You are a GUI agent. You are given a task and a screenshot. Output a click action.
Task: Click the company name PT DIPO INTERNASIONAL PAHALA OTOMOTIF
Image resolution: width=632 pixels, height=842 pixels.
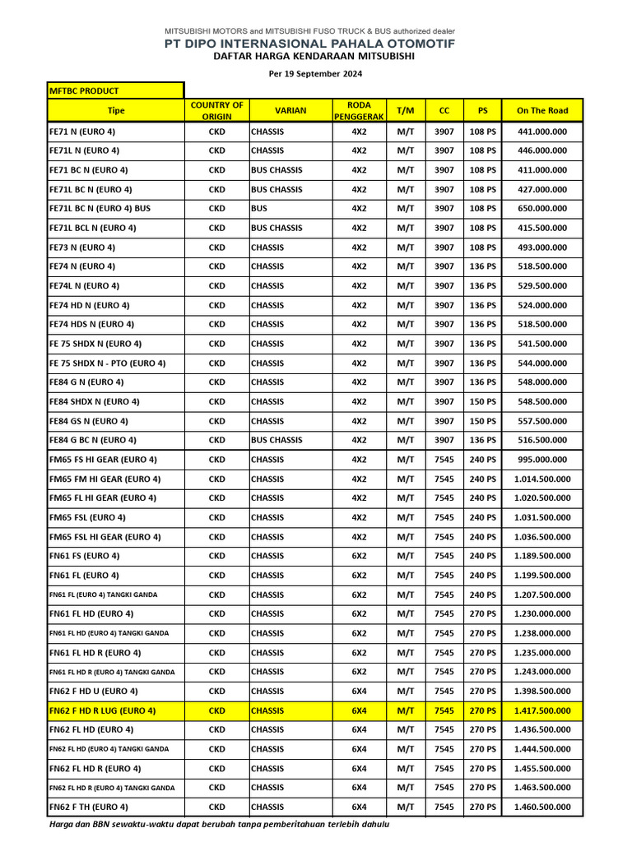315,44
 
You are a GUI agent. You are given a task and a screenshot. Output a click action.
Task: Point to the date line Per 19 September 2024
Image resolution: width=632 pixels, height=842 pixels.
315,74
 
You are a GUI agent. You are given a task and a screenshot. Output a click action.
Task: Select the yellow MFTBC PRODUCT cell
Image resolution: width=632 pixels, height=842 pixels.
115,90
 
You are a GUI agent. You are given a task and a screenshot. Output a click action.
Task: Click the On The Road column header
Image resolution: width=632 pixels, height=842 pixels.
541,110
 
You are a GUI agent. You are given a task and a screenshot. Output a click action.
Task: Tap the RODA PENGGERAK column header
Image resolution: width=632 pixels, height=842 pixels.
359,110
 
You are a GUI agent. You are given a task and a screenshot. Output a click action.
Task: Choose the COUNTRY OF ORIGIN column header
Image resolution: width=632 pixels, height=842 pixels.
216,110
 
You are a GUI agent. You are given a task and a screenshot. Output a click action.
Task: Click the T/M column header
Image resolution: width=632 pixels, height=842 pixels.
406,110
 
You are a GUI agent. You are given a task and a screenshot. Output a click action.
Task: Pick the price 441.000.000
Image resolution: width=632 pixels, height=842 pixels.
541,132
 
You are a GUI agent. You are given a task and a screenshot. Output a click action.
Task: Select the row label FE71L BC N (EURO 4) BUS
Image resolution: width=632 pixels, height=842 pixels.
100,209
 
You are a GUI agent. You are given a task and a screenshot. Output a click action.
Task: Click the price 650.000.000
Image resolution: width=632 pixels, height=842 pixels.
541,209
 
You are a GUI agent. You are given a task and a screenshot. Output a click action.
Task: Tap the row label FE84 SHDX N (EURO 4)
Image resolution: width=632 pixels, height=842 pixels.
95,401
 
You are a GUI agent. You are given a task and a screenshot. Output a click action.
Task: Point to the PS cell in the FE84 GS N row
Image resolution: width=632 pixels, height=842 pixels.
482,421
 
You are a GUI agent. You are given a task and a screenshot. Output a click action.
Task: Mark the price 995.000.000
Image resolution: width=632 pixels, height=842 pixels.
541,460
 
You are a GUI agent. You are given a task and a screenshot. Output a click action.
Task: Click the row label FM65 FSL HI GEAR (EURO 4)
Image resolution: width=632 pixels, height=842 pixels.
105,537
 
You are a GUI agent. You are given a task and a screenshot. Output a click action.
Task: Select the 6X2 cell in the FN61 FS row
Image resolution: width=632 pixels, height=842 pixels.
359,556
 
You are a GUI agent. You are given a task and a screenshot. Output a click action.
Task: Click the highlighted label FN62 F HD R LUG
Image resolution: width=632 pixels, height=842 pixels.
103,710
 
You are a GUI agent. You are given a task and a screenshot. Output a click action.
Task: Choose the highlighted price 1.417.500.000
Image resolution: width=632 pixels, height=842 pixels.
541,710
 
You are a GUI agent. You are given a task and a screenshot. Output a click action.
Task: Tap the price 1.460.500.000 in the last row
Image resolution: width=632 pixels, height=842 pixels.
541,807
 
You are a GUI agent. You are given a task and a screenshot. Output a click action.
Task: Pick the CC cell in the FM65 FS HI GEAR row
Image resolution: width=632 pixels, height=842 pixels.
444,460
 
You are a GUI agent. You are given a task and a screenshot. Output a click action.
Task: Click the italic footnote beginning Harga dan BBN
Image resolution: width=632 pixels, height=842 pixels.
219,824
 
